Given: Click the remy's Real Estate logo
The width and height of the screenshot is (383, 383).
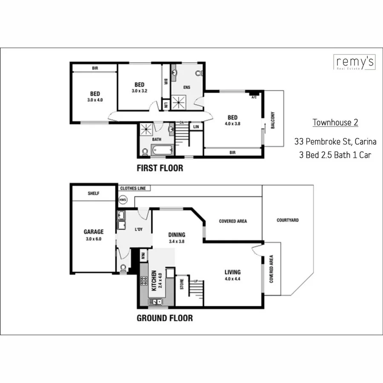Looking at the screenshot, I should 354,62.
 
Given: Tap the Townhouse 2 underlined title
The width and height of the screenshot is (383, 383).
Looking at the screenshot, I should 335,123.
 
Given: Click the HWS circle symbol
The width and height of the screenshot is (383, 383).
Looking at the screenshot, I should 123,199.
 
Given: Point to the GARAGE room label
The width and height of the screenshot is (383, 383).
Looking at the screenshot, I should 93,232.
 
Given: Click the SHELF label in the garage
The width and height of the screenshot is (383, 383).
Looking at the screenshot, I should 93,193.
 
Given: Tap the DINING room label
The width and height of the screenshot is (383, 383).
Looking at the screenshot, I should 177,234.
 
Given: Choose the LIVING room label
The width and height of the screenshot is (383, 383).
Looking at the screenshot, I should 232,272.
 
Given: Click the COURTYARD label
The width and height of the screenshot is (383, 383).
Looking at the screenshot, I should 287,220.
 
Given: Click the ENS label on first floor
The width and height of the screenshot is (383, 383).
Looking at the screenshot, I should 186,88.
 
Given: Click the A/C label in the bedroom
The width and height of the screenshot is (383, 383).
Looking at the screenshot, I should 254,97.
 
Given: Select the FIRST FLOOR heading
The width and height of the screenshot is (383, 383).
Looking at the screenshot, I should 160,168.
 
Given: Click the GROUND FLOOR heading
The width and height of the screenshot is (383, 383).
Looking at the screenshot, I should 164,318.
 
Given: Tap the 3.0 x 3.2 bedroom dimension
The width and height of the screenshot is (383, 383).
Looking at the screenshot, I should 140,91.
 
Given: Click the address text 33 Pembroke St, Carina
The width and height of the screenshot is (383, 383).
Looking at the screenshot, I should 335,141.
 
